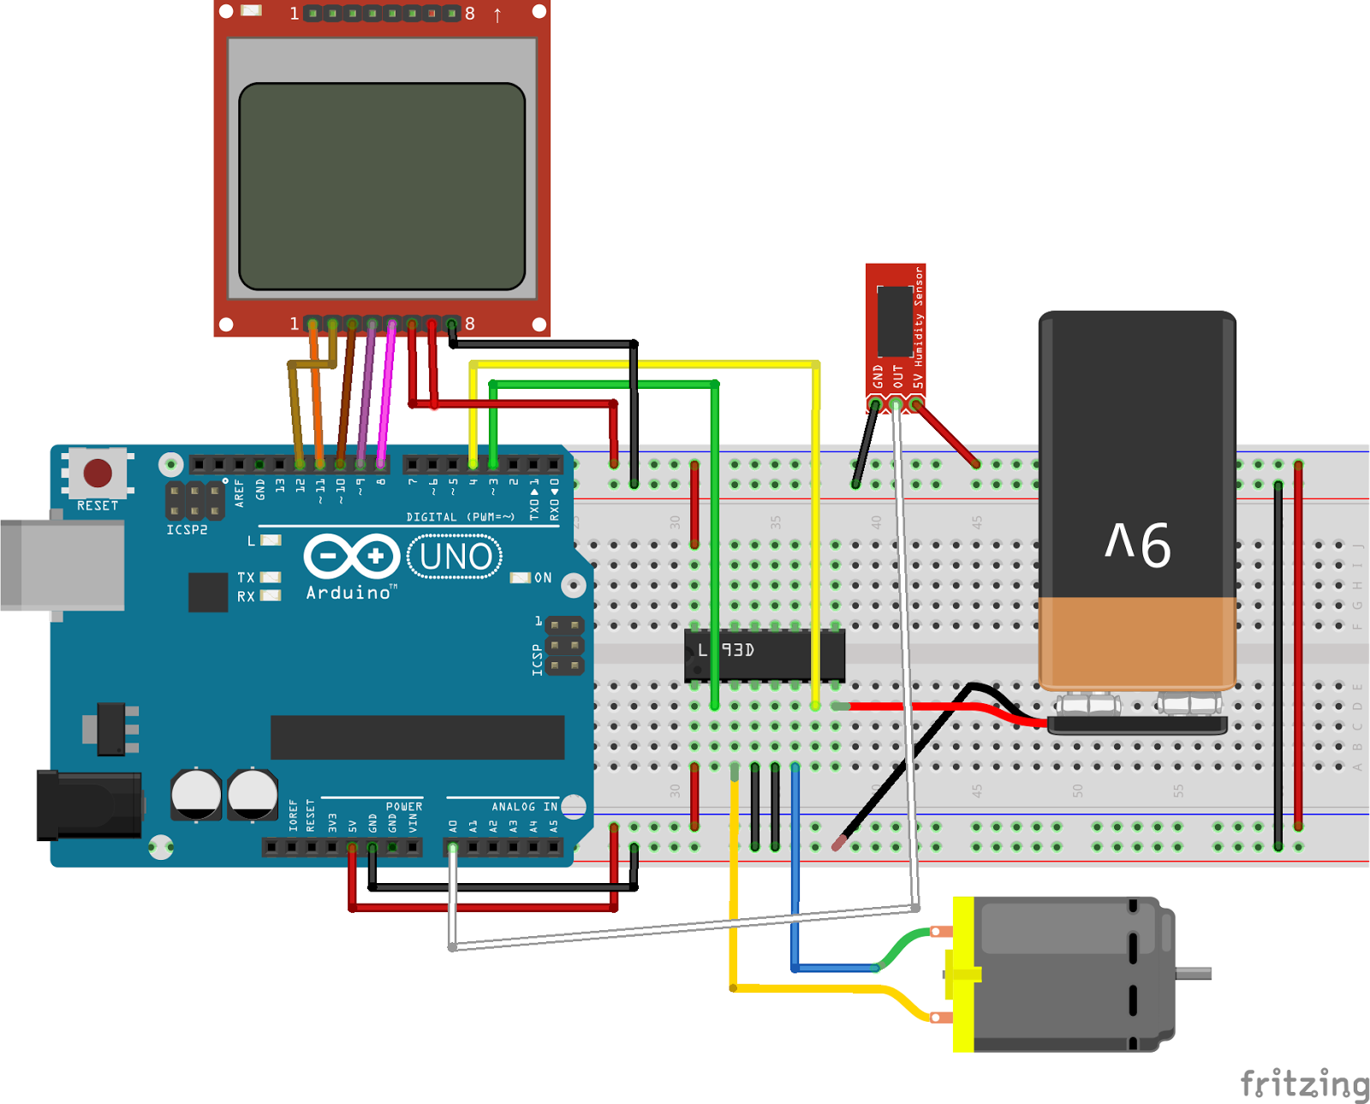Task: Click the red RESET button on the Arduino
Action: pyautogui.click(x=97, y=473)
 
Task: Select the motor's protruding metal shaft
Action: pyautogui.click(x=1194, y=973)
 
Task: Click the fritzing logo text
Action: pyautogui.click(x=1304, y=1083)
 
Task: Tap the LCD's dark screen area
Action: pyautogui.click(x=382, y=186)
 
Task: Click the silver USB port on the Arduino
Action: pyautogui.click(x=62, y=565)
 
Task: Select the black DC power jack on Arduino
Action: pyautogui.click(x=89, y=805)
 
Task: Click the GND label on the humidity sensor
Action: pyautogui.click(x=878, y=376)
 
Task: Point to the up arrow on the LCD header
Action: pyautogui.click(x=497, y=15)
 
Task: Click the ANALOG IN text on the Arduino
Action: pyautogui.click(x=524, y=807)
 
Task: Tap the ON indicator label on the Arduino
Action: pyautogui.click(x=543, y=578)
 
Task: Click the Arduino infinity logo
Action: pyautogui.click(x=352, y=557)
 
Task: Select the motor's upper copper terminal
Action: pyautogui.click(x=940, y=932)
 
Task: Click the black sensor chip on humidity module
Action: pyautogui.click(x=895, y=320)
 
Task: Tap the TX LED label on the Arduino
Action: pyautogui.click(x=246, y=577)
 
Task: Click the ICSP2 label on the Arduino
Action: pyautogui.click(x=187, y=530)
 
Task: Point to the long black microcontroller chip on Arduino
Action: pyautogui.click(x=417, y=737)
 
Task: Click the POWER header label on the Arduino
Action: pyautogui.click(x=403, y=807)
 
